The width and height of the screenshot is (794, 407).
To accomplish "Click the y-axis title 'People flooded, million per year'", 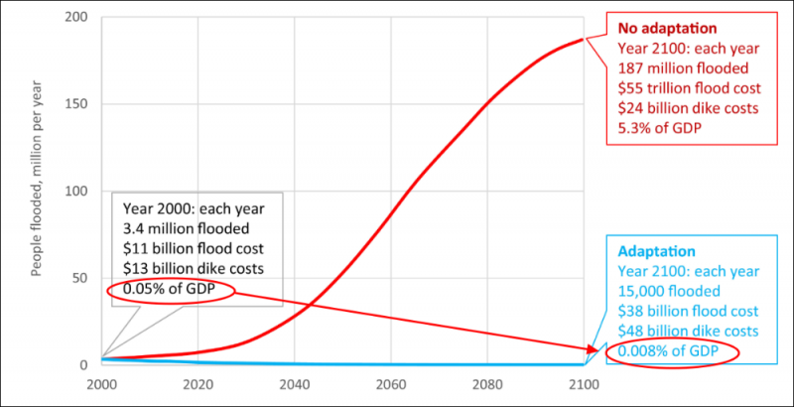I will pyautogui.click(x=38, y=192).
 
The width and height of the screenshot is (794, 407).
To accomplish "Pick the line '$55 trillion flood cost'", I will pyautogui.click(x=676, y=88).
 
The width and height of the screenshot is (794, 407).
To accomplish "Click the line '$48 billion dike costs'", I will pyautogui.click(x=674, y=331).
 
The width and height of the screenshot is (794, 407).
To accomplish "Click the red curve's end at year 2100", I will pyautogui.click(x=582, y=41).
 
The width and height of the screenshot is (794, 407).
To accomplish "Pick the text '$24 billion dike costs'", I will pyautogui.click(x=675, y=108).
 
